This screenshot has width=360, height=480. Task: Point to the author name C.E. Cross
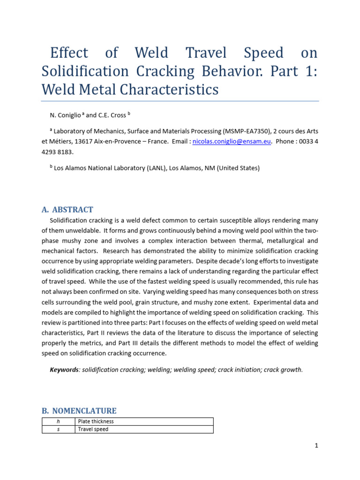pyautogui.click(x=111, y=115)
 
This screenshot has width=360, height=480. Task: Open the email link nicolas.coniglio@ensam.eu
pyautogui.click(x=232, y=142)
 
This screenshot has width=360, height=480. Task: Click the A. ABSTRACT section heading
pyautogui.click(x=67, y=210)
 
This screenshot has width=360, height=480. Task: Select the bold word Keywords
pyautogui.click(x=64, y=369)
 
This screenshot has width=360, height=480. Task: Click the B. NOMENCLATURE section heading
pyautogui.click(x=79, y=411)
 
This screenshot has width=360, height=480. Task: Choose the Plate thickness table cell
pyautogui.click(x=96, y=421)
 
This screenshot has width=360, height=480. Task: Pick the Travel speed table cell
pyautogui.click(x=93, y=429)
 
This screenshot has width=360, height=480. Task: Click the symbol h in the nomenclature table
pyautogui.click(x=58, y=421)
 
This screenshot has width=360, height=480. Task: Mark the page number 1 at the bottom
pyautogui.click(x=316, y=446)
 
